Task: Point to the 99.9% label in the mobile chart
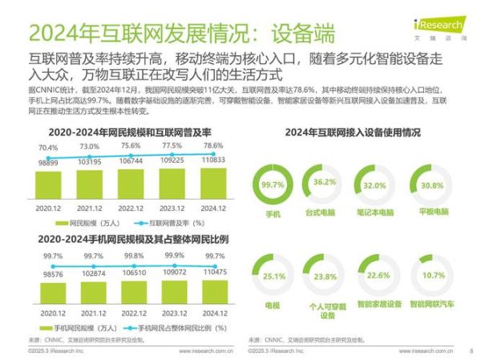172,256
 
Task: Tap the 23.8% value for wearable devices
325,277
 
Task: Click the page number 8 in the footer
471,351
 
